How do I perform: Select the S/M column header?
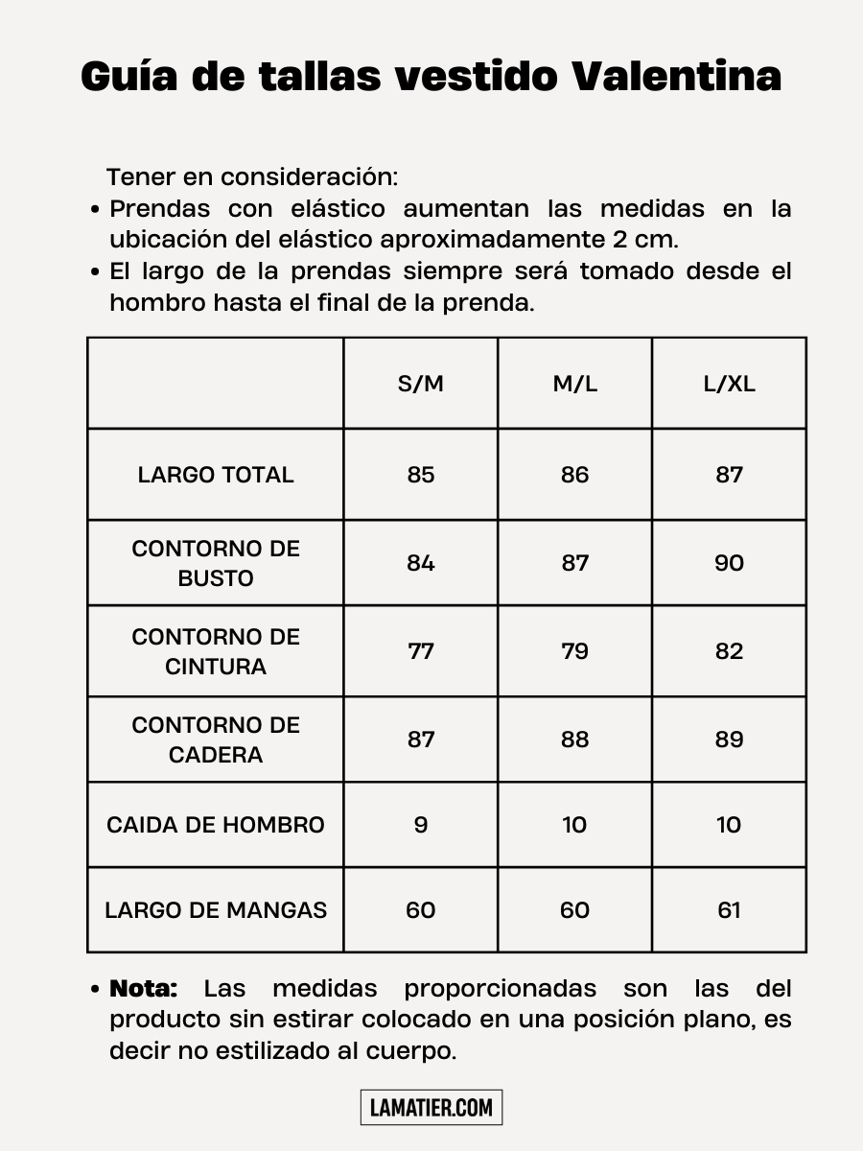point(421,385)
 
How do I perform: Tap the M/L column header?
point(574,385)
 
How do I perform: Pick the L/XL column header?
point(729,385)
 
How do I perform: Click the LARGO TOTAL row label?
point(216,475)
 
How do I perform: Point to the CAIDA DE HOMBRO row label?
point(216,825)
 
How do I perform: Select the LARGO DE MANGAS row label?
point(216,910)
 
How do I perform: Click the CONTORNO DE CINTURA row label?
point(216,651)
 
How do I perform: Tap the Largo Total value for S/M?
point(421,475)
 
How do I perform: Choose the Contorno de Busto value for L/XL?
point(729,563)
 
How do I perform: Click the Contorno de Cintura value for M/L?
point(574,651)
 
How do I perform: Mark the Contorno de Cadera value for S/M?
point(421,740)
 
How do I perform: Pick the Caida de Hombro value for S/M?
point(421,825)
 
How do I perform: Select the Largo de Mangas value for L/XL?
point(729,910)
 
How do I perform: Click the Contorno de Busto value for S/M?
point(421,563)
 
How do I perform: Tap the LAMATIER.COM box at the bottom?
point(431,1108)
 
